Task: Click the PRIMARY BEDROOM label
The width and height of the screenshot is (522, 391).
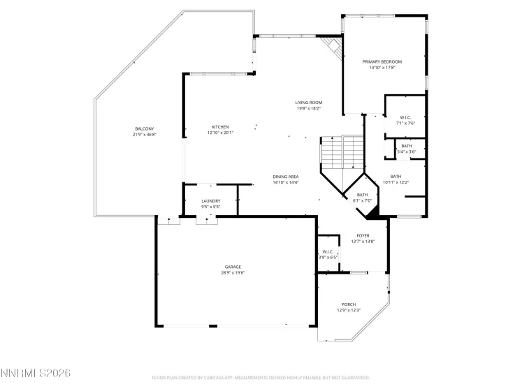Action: tap(382, 61)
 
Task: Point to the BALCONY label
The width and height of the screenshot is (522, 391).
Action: tap(144, 128)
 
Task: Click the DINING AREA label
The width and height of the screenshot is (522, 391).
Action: tap(285, 177)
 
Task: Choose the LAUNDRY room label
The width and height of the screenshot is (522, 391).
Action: tap(210, 201)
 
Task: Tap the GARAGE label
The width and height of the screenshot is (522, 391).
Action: tap(233, 267)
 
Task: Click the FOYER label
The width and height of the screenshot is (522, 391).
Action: tap(363, 236)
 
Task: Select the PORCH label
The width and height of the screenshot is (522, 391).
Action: tap(349, 304)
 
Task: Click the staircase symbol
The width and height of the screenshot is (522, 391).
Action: tap(342, 151)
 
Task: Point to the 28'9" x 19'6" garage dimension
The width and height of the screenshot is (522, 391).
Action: tap(233, 273)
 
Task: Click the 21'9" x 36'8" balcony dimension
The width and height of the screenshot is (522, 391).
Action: tap(144, 135)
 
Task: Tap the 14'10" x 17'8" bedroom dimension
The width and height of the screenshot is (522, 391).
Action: tap(382, 68)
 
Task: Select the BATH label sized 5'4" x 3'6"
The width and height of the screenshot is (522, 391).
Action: tap(406, 146)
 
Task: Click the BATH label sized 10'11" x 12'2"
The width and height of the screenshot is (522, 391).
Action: tap(396, 177)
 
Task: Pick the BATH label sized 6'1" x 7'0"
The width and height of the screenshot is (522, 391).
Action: tap(362, 195)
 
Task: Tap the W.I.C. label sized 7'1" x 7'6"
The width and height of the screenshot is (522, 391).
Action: tap(406, 117)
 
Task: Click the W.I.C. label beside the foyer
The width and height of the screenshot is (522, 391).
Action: tap(328, 251)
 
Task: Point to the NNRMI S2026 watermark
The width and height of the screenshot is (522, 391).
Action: tap(36, 374)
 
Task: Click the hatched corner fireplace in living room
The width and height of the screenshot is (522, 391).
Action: tap(333, 47)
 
